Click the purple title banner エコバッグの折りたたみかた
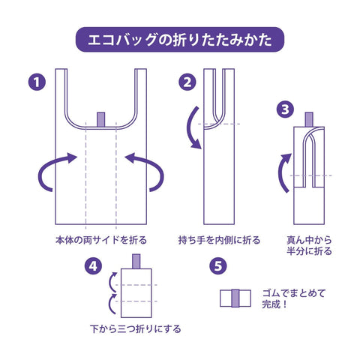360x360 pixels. (180, 40)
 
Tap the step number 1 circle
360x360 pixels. (37, 82)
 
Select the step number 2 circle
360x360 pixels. (187, 82)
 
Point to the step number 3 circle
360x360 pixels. (285, 109)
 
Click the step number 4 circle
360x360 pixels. (93, 266)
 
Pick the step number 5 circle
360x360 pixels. (218, 266)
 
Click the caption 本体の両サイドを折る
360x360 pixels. (101, 240)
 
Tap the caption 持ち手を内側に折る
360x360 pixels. (219, 240)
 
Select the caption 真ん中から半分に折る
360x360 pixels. (309, 245)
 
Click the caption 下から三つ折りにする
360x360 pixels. (135, 328)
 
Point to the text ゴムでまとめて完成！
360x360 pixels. (294, 298)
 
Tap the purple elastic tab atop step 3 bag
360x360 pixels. (309, 119)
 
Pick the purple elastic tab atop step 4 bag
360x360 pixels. (136, 262)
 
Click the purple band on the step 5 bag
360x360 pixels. (235, 298)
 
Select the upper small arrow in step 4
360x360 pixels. (110, 282)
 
